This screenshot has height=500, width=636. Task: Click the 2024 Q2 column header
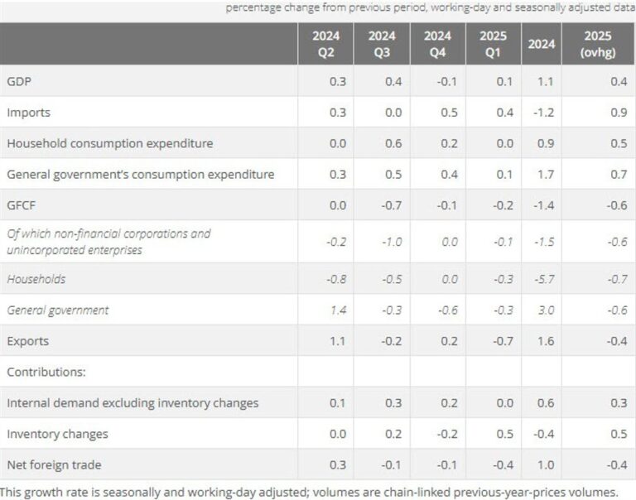coord(325,43)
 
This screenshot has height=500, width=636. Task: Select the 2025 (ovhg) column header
coord(598,43)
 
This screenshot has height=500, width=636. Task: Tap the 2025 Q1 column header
coord(494,43)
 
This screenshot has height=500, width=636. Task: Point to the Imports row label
coord(28,112)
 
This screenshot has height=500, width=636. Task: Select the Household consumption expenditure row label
coord(109,143)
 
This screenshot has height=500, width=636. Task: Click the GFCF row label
coord(22,204)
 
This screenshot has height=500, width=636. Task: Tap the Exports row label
coord(28,341)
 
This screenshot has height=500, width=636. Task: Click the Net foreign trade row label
coord(54,464)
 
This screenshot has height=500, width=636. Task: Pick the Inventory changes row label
coord(57,434)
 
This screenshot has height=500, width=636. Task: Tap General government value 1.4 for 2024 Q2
coord(336,310)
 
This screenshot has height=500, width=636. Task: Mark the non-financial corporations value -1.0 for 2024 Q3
coord(391,241)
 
